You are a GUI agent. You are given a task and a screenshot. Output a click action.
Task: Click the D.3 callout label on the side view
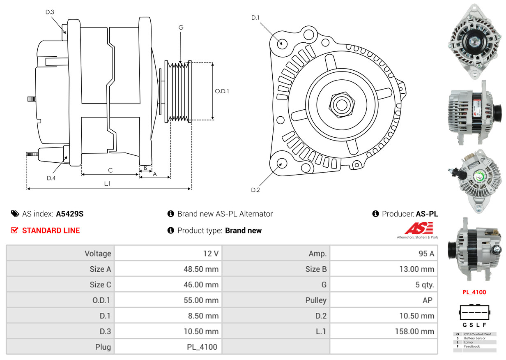point(50,12)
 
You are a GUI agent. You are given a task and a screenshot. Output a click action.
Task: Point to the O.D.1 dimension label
point(222,91)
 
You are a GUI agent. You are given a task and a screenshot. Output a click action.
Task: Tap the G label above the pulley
point(181,28)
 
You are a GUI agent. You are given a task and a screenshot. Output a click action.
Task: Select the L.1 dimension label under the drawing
point(107,184)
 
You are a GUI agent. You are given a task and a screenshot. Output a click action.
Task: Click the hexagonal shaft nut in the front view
point(342,105)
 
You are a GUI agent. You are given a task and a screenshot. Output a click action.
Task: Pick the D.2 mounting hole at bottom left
point(281,163)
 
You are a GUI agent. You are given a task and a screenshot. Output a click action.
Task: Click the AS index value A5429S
point(69,214)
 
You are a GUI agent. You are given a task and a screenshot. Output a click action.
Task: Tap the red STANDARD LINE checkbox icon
point(14,230)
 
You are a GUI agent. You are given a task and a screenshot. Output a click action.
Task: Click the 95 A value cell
point(426,254)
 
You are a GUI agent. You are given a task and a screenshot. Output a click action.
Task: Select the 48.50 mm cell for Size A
point(201,269)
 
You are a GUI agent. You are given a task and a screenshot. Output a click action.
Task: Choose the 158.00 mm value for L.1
point(414,332)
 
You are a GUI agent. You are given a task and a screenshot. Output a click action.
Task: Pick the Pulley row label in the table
point(316,300)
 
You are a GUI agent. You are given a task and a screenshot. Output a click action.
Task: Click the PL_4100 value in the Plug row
point(202,347)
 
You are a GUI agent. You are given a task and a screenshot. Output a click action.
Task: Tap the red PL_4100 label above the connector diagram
point(474,292)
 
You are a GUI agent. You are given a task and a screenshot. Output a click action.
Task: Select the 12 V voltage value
point(211,254)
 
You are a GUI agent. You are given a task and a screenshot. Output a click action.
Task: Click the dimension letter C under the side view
point(110,171)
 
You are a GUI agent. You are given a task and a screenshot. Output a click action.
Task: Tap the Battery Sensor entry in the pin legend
point(475,338)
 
